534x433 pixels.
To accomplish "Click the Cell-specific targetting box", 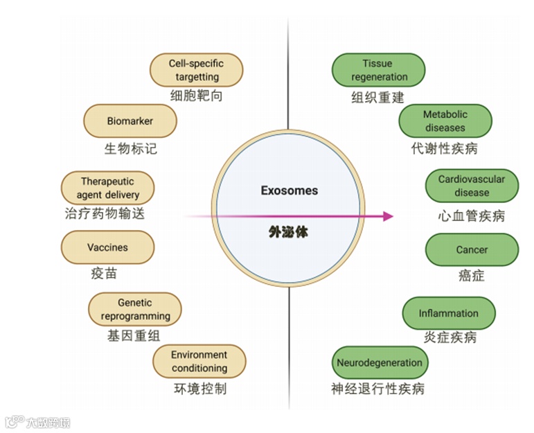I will click(196, 70).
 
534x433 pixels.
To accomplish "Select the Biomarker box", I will click(130, 121).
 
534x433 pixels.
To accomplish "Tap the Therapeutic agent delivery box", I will click(107, 188).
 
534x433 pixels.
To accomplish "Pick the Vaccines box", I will click(107, 247).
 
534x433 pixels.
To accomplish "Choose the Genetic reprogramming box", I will click(135, 309).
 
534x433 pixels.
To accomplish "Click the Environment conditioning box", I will click(199, 361).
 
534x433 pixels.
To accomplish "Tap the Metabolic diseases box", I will click(445, 121).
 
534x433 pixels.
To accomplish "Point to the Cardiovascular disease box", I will click(471, 186).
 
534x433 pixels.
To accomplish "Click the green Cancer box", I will click(471, 249).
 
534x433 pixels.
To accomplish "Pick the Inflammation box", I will click(448, 313).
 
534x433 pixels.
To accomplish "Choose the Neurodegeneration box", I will click(379, 362).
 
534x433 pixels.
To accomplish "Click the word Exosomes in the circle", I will click(289, 190).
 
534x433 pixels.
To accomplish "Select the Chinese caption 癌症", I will click(471, 276).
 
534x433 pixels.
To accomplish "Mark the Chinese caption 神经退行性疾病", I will click(377, 389).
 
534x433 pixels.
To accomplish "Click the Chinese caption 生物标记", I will click(130, 149).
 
